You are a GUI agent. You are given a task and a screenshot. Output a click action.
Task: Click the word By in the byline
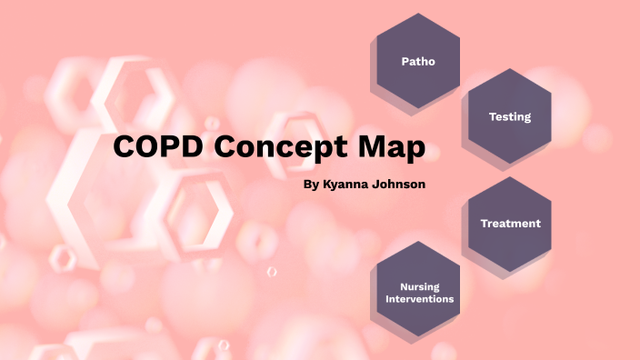[x=310, y=185]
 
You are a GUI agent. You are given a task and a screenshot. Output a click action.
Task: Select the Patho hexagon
[x=417, y=62]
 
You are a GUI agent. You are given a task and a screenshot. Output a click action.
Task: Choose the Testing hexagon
[x=509, y=117]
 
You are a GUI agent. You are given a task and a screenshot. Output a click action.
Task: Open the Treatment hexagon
[x=509, y=223]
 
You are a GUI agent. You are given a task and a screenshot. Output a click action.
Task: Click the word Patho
[x=417, y=62]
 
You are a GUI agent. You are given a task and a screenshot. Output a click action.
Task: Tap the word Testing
[x=510, y=117]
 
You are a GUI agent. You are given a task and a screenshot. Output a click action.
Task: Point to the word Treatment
[x=510, y=224]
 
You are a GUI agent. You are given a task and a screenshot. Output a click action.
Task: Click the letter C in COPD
[x=126, y=148]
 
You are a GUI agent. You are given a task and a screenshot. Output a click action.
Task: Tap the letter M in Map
[x=376, y=148]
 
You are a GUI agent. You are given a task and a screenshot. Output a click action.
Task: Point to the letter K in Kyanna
[x=326, y=185]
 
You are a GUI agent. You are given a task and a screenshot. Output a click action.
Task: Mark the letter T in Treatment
[x=483, y=224]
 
